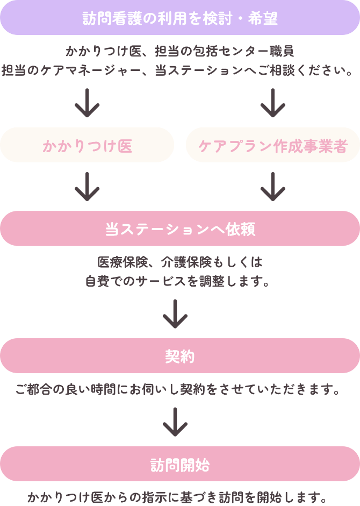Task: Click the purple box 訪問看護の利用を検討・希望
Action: [x=180, y=18]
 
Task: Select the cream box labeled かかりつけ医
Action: [x=87, y=145]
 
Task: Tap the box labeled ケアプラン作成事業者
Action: [x=273, y=145]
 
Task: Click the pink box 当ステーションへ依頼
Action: [x=180, y=229]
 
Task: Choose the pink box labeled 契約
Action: [x=180, y=356]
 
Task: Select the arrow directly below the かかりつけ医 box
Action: [x=87, y=187]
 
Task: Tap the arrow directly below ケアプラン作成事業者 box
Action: [x=273, y=187]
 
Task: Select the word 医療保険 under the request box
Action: [x=118, y=262]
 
